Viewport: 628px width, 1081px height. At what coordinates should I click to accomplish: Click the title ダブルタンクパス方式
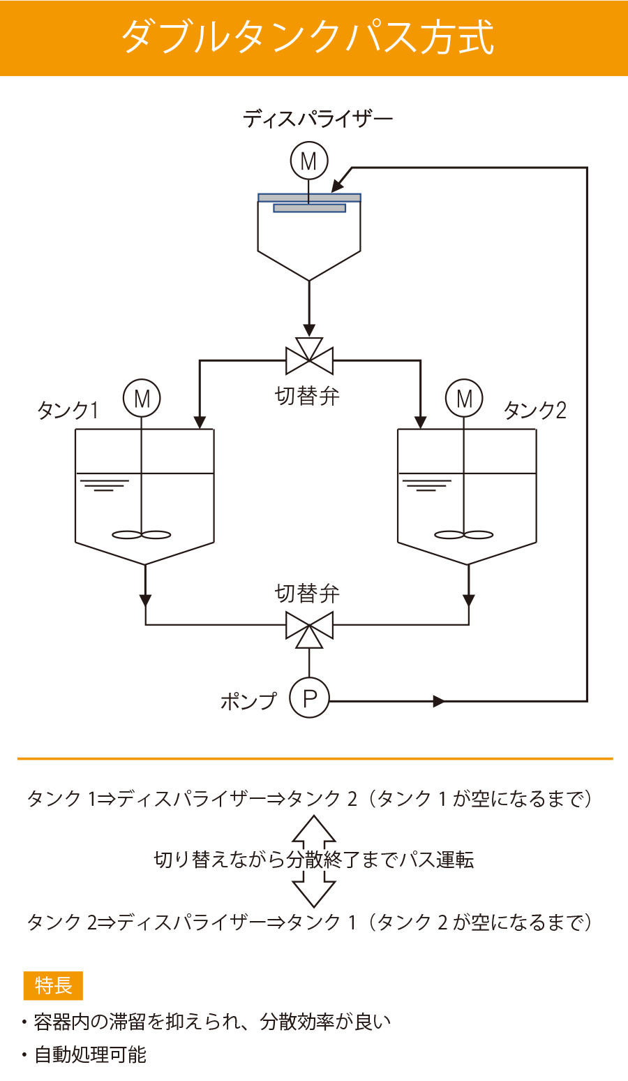308,37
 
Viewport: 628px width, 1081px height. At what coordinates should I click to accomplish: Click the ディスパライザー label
317,119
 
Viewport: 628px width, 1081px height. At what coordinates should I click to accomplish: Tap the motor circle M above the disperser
309,161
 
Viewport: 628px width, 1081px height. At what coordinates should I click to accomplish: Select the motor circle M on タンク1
142,399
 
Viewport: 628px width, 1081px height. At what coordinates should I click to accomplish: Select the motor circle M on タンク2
464,399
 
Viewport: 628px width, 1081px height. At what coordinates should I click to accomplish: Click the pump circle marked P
309,698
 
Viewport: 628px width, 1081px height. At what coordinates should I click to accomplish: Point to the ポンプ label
248,700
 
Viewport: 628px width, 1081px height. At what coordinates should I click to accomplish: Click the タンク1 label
68,410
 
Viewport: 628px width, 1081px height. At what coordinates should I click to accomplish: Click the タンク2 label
534,410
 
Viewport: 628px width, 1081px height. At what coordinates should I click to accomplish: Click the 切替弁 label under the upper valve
307,397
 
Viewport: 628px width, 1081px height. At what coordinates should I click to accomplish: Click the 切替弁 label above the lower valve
307,594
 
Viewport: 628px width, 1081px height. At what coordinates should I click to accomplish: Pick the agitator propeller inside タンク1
142,535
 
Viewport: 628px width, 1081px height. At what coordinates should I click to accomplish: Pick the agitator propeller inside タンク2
464,535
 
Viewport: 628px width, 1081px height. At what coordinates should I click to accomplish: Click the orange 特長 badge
53,986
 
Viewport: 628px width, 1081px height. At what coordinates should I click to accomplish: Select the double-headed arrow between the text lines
314,860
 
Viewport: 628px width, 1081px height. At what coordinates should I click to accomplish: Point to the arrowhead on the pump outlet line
439,701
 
